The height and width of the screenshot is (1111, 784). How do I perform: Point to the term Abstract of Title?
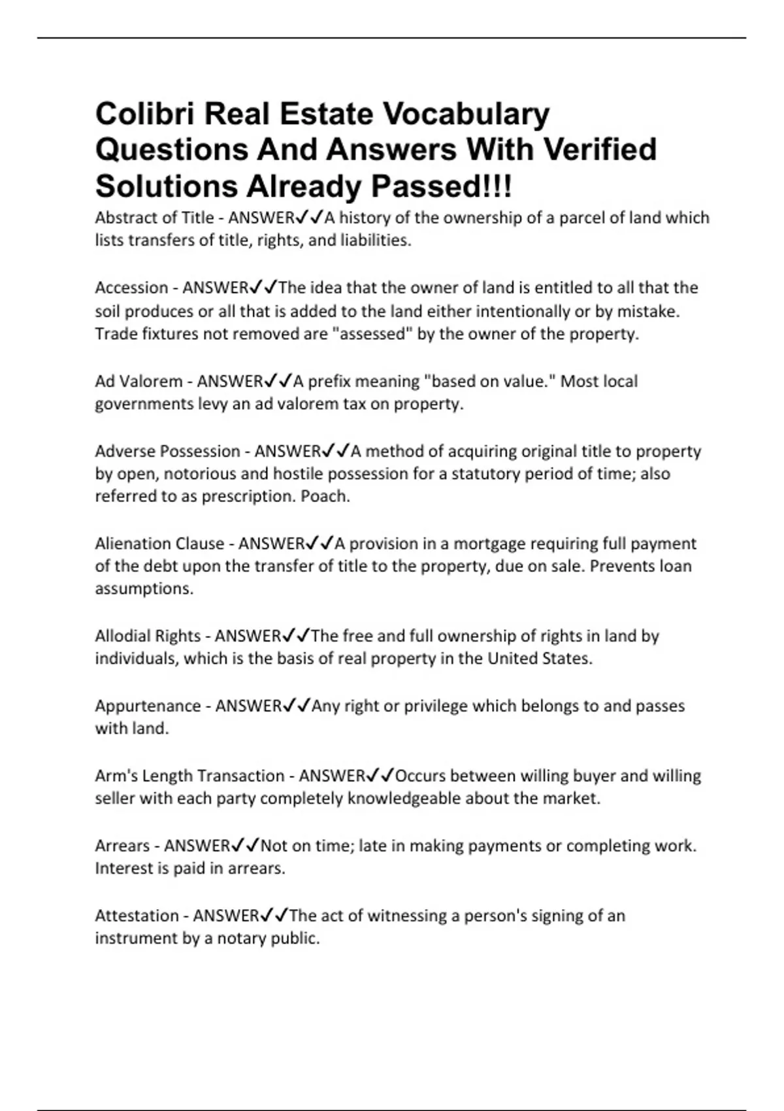[x=154, y=218]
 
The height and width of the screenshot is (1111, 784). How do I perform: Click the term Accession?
[x=131, y=288]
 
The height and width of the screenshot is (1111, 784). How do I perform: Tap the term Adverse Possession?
[x=167, y=451]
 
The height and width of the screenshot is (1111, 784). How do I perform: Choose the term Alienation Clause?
[x=159, y=544]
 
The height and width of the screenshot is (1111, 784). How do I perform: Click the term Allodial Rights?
[x=148, y=636]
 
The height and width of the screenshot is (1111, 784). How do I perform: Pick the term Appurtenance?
[x=148, y=706]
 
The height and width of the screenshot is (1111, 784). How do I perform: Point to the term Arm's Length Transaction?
[x=189, y=776]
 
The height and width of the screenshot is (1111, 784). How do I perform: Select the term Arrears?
[x=122, y=846]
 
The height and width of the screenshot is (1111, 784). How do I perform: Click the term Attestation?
[x=137, y=916]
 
